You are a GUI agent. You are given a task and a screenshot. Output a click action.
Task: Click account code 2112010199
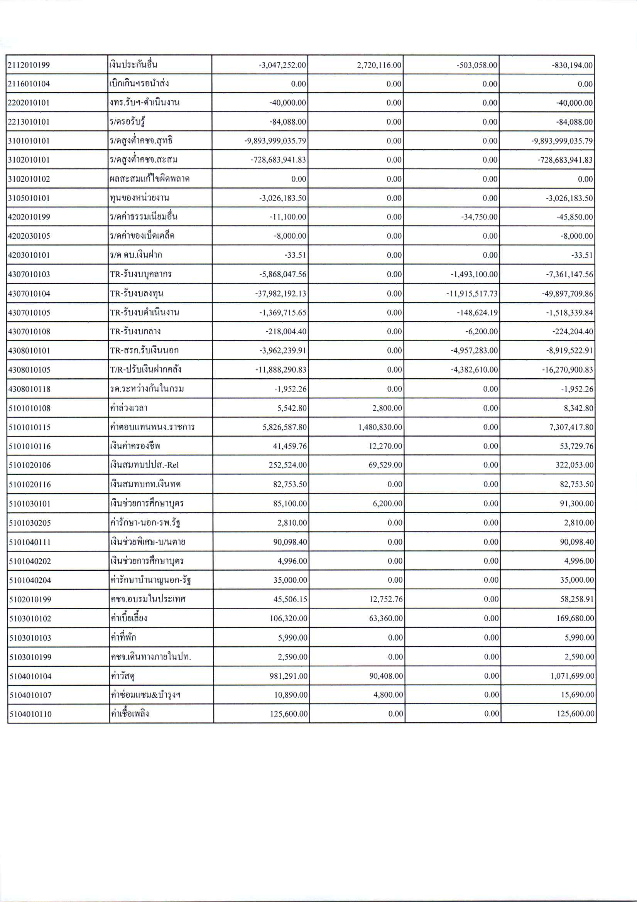coord(29,65)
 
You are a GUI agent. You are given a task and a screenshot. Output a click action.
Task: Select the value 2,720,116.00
coord(379,65)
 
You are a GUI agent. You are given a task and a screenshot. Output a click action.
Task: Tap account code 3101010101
coord(29,141)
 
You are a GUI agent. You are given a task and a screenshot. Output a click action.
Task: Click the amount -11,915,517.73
coord(471,294)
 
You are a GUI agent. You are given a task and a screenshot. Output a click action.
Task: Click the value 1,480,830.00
coord(380,427)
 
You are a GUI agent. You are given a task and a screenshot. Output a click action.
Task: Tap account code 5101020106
coord(30,465)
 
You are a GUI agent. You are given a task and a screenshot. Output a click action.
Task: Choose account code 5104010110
coord(30,714)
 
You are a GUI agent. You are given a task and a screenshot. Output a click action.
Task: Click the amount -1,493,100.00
coord(474,275)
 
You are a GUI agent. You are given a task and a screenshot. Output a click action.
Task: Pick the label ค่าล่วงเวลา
coord(129,408)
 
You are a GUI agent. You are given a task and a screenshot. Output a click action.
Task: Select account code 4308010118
coord(29,389)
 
